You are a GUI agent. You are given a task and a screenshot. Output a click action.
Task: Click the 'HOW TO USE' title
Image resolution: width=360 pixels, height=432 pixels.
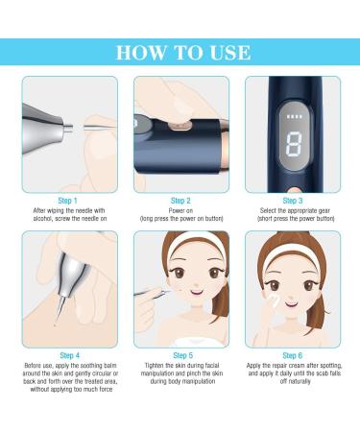[183, 53]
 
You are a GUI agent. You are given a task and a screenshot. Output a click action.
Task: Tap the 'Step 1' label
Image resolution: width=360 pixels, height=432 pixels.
[67, 201]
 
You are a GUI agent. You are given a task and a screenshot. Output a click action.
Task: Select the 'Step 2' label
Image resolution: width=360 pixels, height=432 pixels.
[180, 201]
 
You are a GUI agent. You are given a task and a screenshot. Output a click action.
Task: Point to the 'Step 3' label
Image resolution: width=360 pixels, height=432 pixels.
[293, 201]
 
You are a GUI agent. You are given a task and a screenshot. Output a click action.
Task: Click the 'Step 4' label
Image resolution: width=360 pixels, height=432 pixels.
[70, 355]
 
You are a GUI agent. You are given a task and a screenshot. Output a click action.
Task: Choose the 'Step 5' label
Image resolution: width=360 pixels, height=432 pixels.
[183, 355]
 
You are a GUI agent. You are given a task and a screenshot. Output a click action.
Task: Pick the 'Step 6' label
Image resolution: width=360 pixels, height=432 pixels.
[293, 355]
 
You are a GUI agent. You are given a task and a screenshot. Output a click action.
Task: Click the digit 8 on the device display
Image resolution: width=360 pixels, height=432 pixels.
[294, 144]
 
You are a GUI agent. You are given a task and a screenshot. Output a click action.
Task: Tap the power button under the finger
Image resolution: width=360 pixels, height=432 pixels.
[180, 125]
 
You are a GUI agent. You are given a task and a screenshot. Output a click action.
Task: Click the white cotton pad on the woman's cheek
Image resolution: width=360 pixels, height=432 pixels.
[274, 299]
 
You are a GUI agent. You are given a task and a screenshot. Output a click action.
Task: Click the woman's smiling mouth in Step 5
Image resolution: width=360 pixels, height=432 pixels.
[196, 292]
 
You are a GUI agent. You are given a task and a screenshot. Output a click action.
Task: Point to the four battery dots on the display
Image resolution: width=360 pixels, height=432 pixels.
[294, 116]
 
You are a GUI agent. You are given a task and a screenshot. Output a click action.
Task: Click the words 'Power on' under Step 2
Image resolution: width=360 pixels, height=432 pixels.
[180, 210]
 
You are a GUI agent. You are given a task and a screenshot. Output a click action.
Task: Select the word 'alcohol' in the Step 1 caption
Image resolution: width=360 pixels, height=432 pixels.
[42, 219]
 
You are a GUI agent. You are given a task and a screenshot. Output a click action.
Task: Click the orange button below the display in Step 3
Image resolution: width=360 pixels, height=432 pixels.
[294, 190]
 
